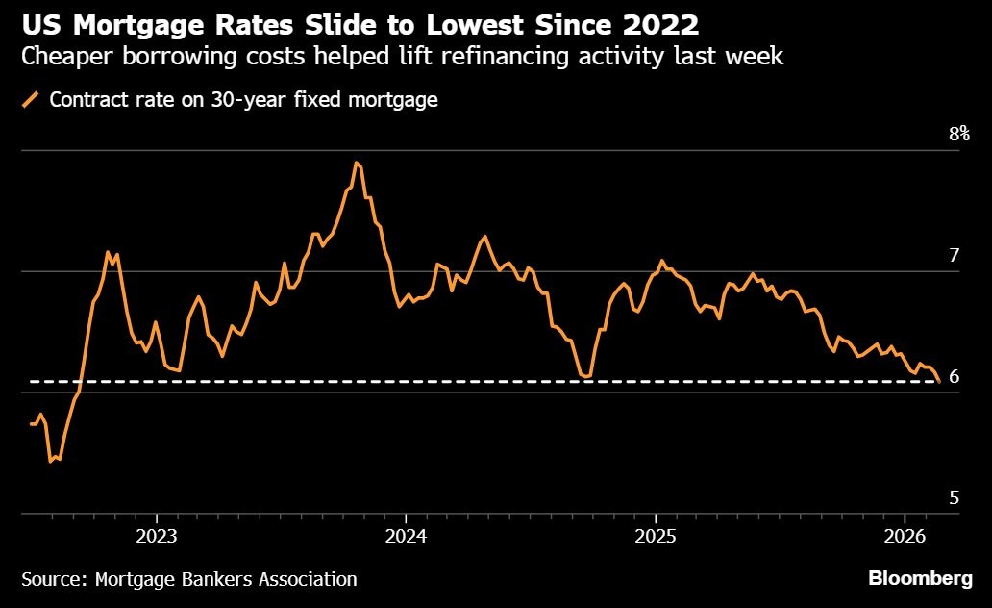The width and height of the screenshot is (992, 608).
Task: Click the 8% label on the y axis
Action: [x=959, y=134]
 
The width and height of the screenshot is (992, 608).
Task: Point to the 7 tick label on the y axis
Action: [x=954, y=255]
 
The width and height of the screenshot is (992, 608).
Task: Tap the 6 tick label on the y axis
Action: [x=954, y=376]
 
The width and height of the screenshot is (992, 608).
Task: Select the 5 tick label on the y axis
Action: [x=954, y=497]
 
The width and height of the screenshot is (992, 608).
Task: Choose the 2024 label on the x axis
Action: [x=406, y=534]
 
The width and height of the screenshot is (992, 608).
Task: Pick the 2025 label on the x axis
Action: [x=655, y=534]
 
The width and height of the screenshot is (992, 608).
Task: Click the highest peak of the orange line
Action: [x=357, y=163]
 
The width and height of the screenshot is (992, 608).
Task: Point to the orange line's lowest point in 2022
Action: [x=51, y=462]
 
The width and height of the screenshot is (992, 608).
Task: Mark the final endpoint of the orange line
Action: [x=938, y=382]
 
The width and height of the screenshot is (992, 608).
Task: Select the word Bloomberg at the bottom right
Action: [x=921, y=579]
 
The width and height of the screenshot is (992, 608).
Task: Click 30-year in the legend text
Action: [x=236, y=100]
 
